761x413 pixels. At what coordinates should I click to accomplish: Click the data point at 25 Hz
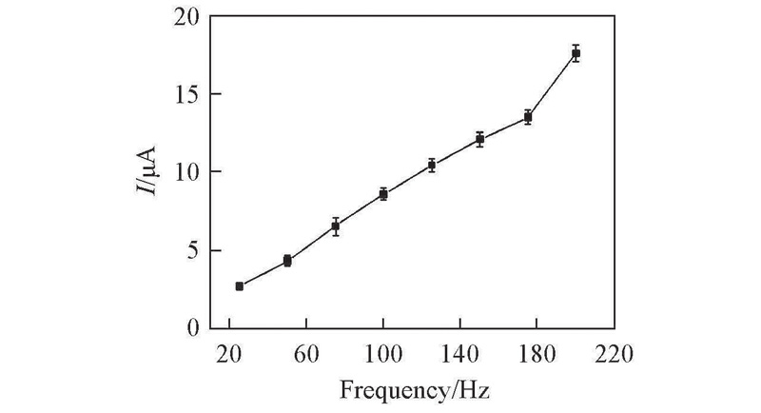tap(240, 285)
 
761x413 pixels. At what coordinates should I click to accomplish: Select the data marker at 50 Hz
tap(287, 260)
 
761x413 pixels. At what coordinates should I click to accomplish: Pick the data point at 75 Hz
tap(336, 226)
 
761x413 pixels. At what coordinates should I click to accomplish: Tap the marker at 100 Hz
tap(383, 194)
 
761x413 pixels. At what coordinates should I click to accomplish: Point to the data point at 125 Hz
tap(432, 165)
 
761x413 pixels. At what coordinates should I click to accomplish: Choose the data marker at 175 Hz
tap(528, 117)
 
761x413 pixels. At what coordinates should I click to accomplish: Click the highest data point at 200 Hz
tap(576, 53)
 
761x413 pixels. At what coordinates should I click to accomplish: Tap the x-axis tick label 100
tap(382, 354)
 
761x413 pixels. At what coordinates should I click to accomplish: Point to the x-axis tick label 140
tap(459, 354)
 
